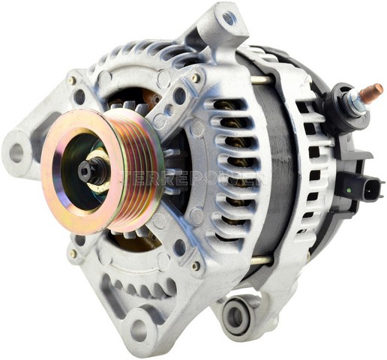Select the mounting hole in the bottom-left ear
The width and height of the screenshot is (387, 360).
click(x=138, y=327)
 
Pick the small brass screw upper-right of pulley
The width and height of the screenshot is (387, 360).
click(x=196, y=78)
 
